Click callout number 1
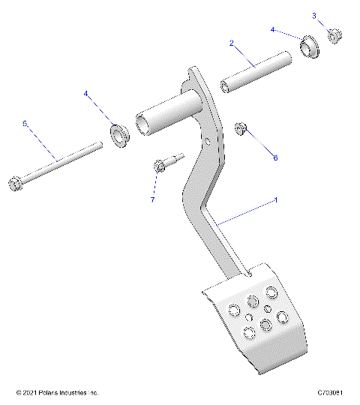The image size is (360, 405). point(276,200)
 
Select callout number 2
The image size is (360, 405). point(232,44)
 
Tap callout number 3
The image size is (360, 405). point(314,15)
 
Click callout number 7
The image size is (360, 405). point(152,200)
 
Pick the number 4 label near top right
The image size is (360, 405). point(274,30)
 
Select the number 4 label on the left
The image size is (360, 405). point(86,94)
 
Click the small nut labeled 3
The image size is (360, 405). point(335,34)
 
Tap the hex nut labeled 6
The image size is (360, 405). point(241,129)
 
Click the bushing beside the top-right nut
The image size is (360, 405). point(307,47)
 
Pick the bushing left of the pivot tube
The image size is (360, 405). point(118,136)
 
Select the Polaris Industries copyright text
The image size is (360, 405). point(57,393)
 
